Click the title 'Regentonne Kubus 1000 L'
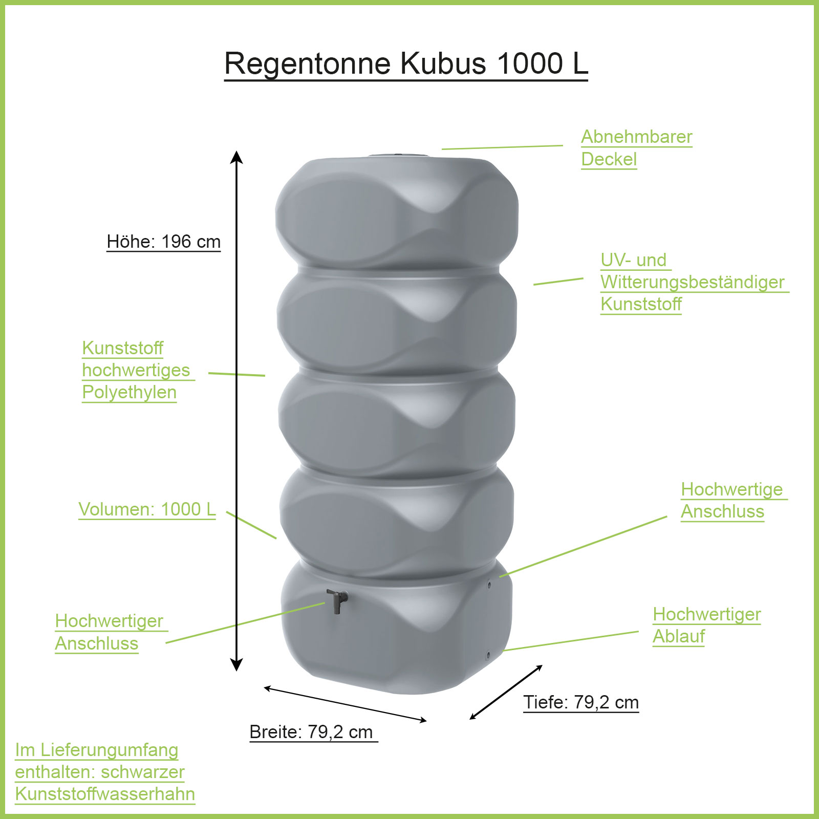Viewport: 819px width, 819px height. click(406, 63)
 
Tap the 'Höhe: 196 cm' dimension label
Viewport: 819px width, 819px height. click(163, 242)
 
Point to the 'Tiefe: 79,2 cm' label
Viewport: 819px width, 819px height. click(581, 702)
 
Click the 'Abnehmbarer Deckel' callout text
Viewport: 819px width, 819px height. click(636, 148)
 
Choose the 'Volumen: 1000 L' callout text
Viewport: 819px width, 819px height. click(147, 509)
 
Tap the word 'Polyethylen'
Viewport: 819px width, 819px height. click(130, 392)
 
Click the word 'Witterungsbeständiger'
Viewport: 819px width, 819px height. click(692, 282)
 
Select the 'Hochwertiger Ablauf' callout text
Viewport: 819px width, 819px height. click(706, 625)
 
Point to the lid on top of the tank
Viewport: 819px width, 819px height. click(398, 155)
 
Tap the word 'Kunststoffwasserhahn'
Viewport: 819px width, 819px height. click(105, 794)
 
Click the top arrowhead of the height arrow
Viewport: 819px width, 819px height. click(236, 157)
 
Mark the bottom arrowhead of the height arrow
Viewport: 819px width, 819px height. click(236, 665)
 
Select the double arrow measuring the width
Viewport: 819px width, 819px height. click(346, 704)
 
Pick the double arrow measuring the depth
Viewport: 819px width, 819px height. click(506, 693)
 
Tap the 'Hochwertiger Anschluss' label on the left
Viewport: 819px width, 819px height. click(109, 632)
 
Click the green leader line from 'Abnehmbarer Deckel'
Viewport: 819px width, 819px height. click(502, 147)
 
